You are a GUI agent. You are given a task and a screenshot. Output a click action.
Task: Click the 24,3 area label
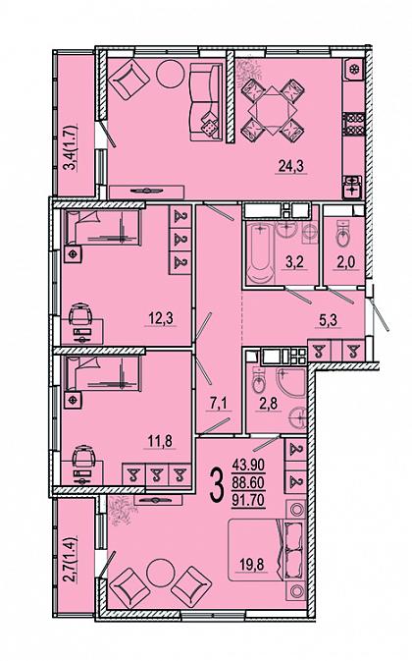point(291,167)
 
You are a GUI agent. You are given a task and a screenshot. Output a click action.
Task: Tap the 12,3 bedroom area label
point(161,318)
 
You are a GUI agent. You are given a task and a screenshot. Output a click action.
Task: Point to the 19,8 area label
point(252,564)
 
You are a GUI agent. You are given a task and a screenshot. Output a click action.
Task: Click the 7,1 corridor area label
point(219,404)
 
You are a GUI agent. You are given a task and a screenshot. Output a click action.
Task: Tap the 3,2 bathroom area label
point(294,262)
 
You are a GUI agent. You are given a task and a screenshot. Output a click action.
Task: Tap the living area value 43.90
point(248,466)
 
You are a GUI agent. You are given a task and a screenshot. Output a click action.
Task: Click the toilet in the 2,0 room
point(343,235)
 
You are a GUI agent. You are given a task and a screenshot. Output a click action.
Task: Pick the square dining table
point(273,109)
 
